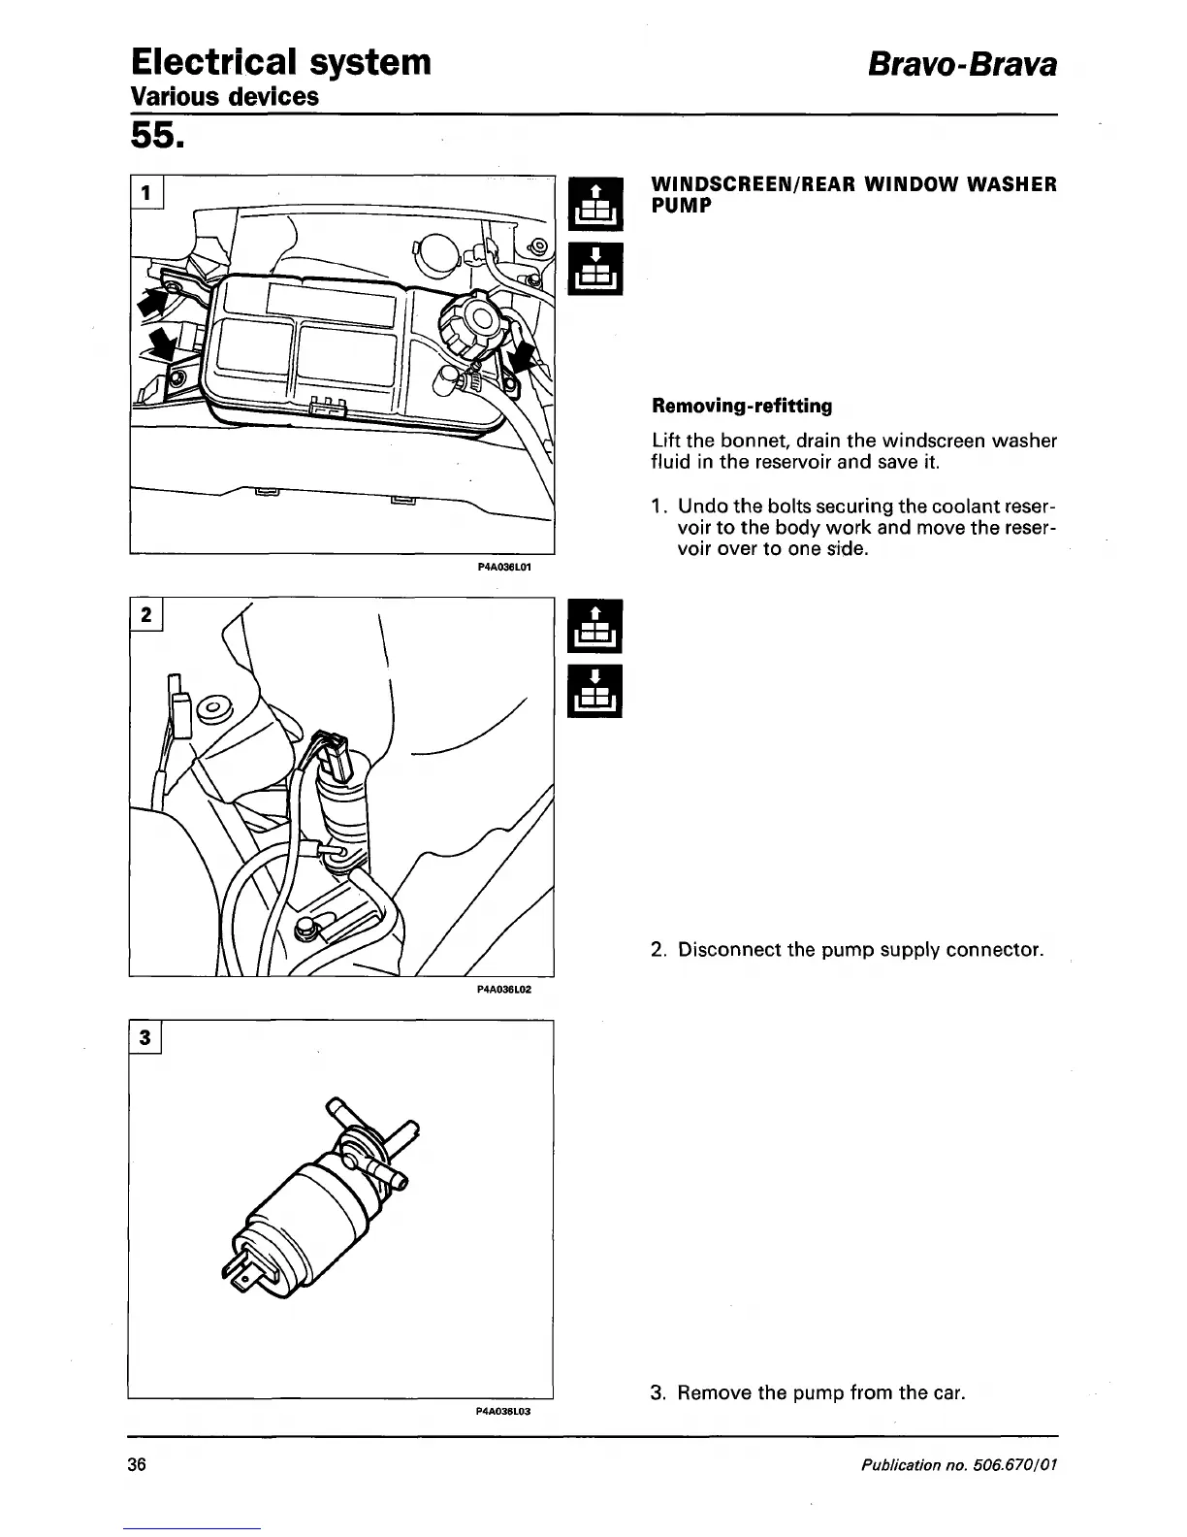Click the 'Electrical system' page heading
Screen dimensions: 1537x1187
pos(281,62)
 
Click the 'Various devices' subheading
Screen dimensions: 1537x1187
pos(225,97)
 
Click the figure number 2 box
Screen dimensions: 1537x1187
pos(146,615)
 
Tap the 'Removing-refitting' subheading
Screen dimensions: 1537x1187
pos(742,405)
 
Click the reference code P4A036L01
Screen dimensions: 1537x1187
pos(505,566)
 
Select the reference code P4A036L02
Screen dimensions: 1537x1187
pos(505,989)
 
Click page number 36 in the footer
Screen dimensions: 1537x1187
pos(136,1464)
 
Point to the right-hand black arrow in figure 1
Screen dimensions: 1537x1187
pos(523,357)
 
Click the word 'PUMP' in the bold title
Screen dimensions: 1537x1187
pos(682,206)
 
